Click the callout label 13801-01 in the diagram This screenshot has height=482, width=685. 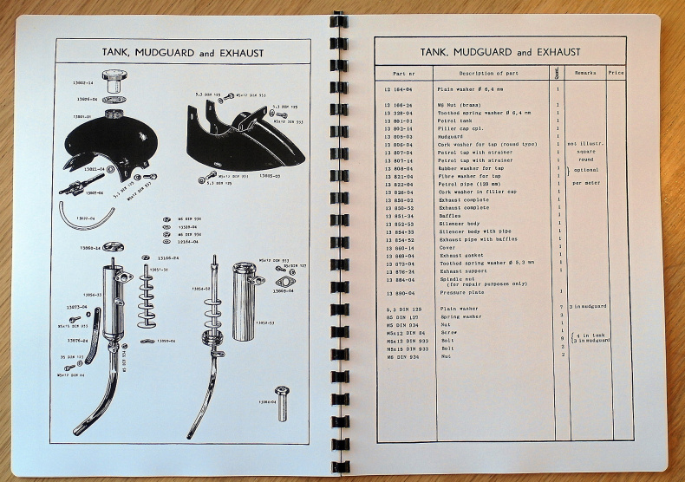(83, 115)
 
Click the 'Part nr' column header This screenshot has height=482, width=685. (404, 74)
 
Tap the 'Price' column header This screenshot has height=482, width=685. (616, 74)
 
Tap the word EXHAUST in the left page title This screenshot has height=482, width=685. (240, 53)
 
